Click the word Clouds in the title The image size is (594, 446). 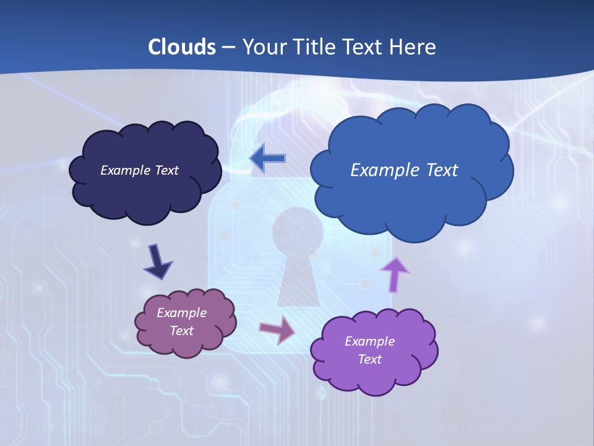click(x=182, y=47)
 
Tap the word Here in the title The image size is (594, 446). click(x=413, y=47)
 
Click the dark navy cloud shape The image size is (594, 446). click(x=145, y=192)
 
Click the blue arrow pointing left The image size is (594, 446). click(x=267, y=159)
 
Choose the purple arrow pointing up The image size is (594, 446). click(x=394, y=274)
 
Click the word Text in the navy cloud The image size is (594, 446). click(x=166, y=170)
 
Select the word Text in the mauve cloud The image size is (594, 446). click(x=182, y=331)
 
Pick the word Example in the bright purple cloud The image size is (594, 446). click(x=369, y=341)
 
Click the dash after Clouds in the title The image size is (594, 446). click(x=228, y=47)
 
